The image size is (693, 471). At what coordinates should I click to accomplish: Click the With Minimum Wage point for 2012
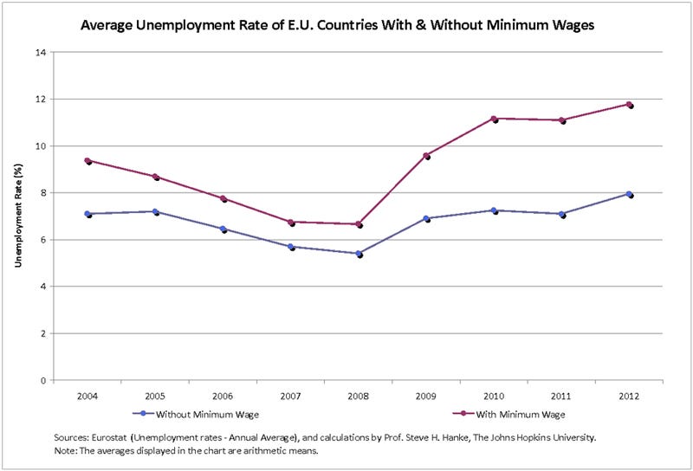[x=630, y=105]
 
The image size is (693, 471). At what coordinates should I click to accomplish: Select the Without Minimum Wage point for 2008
[x=359, y=254]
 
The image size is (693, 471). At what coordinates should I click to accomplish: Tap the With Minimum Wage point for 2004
[x=87, y=161]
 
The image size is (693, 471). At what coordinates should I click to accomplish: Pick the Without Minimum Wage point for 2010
[x=494, y=210]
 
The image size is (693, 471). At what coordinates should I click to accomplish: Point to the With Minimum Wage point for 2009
[x=426, y=156]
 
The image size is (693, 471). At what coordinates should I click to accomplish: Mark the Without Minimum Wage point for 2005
[x=155, y=211]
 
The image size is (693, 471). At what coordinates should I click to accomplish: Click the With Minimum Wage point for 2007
[x=291, y=223]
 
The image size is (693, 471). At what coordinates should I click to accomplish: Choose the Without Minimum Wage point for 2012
[x=630, y=194]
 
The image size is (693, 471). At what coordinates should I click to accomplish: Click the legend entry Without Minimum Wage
[x=187, y=413]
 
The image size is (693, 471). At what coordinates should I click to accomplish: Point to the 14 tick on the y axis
[x=40, y=52]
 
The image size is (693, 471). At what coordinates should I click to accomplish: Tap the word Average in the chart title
[x=108, y=25]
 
